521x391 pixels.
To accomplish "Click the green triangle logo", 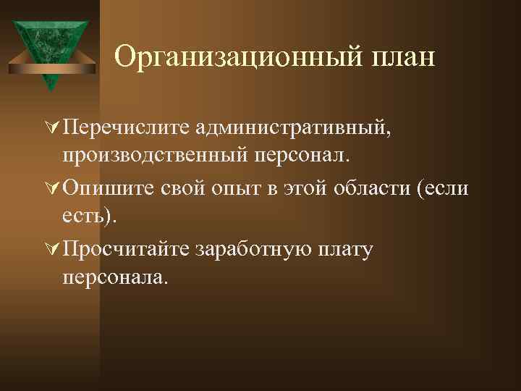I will tap(50, 51).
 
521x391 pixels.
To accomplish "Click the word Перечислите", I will tap(127, 128).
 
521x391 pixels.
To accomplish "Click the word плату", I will tap(344, 251).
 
